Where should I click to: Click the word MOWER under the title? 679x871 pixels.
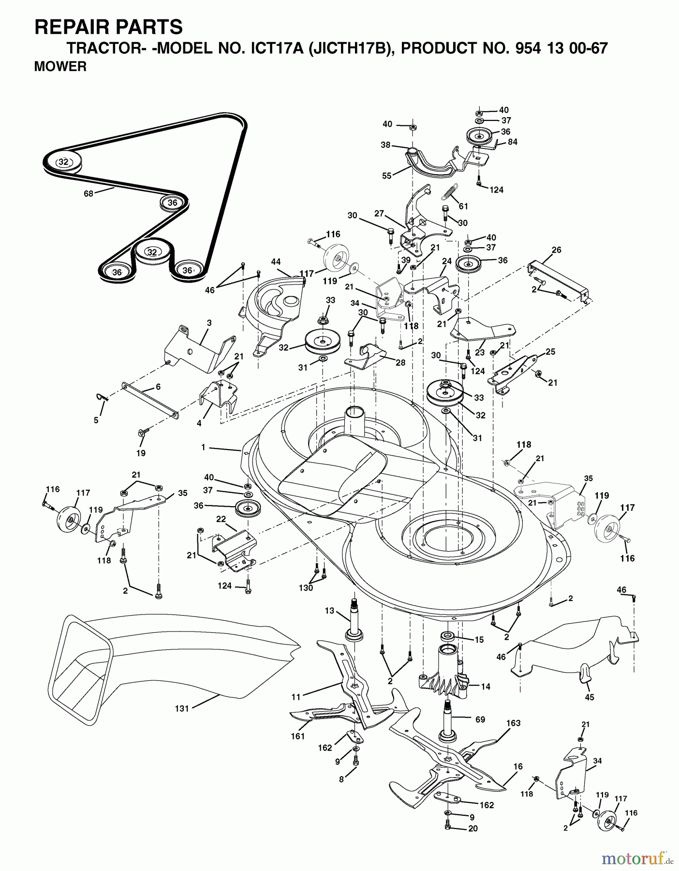(x=60, y=67)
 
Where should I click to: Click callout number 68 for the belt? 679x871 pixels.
(x=88, y=194)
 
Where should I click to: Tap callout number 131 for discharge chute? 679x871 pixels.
(x=181, y=708)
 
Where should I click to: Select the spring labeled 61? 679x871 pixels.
(x=449, y=194)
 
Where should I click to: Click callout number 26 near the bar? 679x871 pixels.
(x=556, y=250)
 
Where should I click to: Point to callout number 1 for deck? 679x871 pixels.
(x=204, y=448)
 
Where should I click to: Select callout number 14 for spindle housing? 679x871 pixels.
(x=486, y=686)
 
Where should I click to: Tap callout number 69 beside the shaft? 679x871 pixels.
(x=480, y=720)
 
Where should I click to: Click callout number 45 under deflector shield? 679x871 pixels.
(x=589, y=697)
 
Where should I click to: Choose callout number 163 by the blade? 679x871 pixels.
(x=513, y=723)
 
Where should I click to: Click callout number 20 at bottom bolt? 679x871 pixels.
(x=473, y=828)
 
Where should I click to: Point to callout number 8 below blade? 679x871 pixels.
(x=341, y=780)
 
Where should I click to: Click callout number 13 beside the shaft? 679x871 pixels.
(x=329, y=611)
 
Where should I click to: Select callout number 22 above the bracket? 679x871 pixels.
(x=221, y=519)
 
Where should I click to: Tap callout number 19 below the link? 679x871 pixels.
(x=141, y=453)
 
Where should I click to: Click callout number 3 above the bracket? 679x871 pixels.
(x=209, y=323)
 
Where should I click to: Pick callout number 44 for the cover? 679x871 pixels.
(x=276, y=262)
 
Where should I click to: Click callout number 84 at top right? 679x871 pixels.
(x=512, y=142)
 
